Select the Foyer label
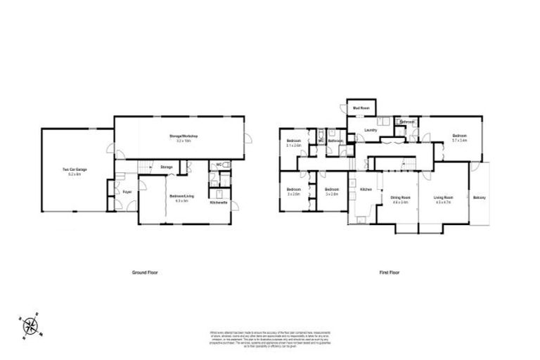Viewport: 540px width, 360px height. pos(127,191)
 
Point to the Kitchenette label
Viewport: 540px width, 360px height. pos(219,203)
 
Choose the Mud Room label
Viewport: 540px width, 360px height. pos(361,108)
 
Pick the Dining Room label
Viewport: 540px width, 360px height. pos(400,198)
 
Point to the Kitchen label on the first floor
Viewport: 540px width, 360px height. pos(366,190)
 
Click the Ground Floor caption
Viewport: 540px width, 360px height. pos(143,271)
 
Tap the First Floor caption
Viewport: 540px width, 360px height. pos(389,271)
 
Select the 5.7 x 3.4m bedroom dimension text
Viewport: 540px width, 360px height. pos(461,141)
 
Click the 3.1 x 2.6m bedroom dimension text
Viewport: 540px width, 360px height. pos(294,146)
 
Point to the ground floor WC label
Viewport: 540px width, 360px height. pos(219,165)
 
